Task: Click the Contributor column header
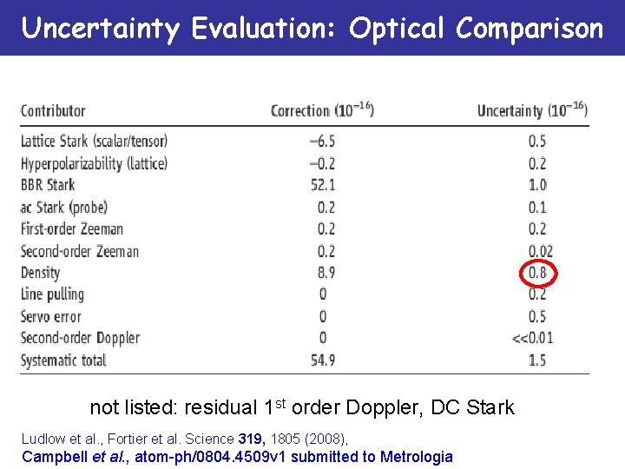(53, 111)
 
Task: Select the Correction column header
(322, 111)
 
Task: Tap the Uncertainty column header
(532, 111)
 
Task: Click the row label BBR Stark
(48, 185)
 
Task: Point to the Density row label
(40, 273)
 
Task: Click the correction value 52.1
(322, 185)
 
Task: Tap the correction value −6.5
(321, 142)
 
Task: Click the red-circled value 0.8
(537, 273)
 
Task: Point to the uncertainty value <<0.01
(532, 338)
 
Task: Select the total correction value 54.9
(322, 360)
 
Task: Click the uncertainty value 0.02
(534, 251)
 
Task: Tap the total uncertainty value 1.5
(537, 360)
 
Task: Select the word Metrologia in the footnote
(413, 457)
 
